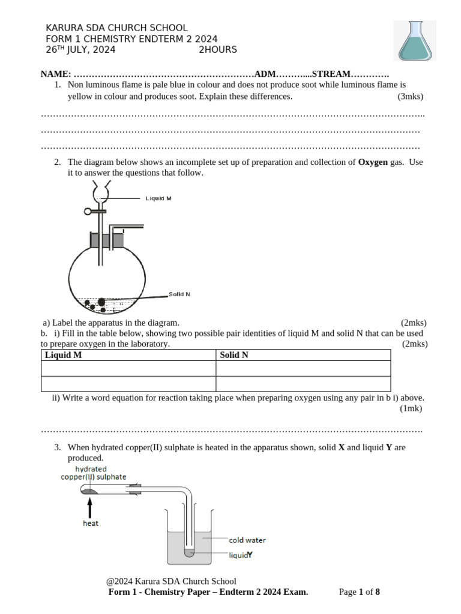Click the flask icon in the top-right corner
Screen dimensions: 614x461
414,40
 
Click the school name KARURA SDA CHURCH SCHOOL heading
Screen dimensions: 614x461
116,28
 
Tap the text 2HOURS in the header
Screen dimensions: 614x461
218,50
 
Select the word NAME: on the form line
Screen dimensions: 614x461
55,74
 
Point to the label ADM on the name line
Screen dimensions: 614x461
265,74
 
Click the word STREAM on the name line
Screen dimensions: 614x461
331,74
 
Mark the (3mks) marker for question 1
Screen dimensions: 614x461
410,96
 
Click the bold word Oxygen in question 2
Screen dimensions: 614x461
373,162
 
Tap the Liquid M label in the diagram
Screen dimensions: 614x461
158,198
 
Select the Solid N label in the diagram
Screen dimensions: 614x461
179,294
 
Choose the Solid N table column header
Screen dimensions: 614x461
234,355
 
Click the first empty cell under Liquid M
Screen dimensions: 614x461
128,368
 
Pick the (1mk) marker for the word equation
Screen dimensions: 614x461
411,408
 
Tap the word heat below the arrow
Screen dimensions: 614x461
91,523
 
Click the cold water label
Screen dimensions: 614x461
247,540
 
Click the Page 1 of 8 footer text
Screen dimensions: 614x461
359,592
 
